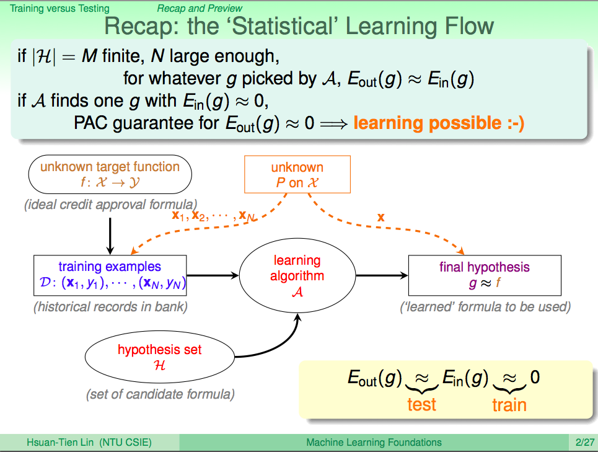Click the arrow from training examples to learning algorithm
point(213,275)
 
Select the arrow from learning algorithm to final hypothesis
point(382,275)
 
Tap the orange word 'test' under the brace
point(421,404)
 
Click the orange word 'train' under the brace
point(509,405)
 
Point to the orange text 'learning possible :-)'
point(439,123)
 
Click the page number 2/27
point(584,443)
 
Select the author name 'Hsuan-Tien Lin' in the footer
point(60,443)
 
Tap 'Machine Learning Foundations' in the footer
point(374,443)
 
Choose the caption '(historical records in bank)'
point(110,307)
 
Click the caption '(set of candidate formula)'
point(160,394)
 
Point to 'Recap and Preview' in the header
point(200,8)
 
